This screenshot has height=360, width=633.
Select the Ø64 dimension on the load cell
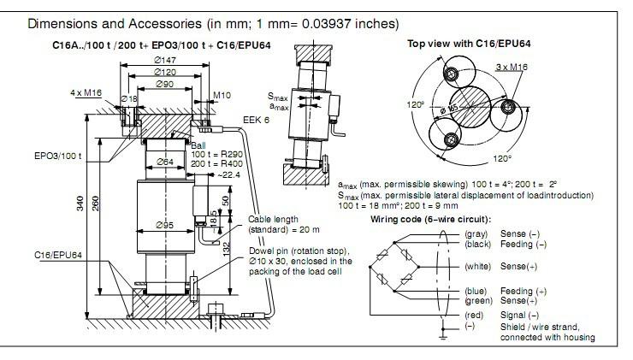[x=164, y=162]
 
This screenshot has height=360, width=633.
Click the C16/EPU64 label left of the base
[x=59, y=254]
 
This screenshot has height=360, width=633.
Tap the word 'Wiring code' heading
[x=394, y=219]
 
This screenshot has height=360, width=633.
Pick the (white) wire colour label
[x=477, y=266]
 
